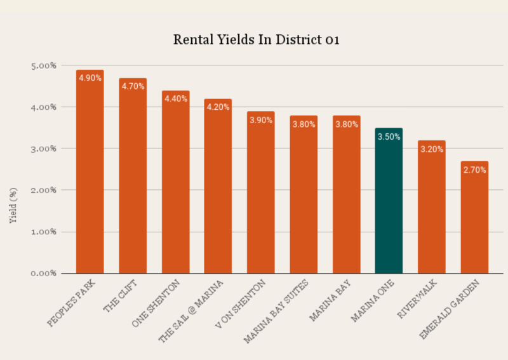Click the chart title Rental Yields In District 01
257,40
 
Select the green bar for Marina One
389,203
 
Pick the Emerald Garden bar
474,222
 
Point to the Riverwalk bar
431,210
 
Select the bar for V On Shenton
260,197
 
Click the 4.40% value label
175,98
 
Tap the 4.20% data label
218,107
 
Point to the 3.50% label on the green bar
389,136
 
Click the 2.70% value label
474,170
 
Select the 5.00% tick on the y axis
44,65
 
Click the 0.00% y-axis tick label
44,273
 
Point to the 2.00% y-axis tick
44,190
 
